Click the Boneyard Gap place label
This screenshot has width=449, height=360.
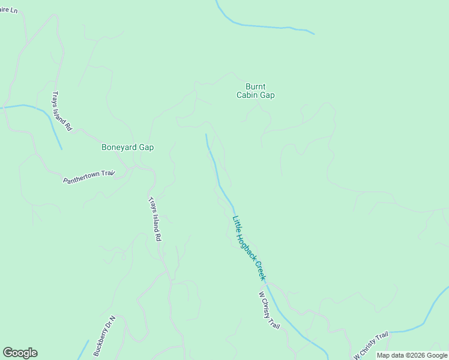127,147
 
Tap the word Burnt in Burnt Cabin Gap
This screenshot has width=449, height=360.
255,86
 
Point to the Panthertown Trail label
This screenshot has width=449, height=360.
88,177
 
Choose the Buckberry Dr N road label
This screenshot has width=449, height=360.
104,336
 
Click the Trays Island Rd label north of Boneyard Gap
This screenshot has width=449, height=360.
62,111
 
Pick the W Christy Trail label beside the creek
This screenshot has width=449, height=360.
270,310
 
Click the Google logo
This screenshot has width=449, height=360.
20,353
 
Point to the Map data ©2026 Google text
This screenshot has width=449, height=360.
412,355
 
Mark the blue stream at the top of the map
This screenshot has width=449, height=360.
264,26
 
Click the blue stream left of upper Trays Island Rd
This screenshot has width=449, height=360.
36,111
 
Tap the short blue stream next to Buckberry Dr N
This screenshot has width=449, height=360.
83,349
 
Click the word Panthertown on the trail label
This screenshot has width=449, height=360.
80,179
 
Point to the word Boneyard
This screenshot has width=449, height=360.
119,147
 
